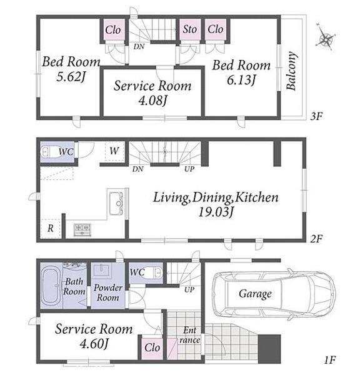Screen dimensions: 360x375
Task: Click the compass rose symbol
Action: (x=326, y=37)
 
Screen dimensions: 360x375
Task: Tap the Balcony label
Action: (x=292, y=71)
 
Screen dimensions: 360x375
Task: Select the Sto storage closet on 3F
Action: (x=190, y=29)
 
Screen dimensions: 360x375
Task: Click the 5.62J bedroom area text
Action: (x=71, y=77)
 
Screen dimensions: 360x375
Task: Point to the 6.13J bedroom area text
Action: (x=241, y=80)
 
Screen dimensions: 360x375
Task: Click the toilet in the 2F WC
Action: (x=51, y=152)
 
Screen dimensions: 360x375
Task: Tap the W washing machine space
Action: (x=114, y=151)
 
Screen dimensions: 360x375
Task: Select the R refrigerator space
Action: (x=51, y=228)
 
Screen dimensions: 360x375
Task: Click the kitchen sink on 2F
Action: (x=116, y=203)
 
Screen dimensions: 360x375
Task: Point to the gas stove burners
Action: (x=82, y=229)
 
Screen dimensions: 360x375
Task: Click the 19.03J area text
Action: (x=216, y=212)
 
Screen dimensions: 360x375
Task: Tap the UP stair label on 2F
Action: (x=189, y=169)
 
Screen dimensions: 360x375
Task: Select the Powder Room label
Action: (x=108, y=292)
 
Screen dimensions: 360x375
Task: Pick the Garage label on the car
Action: (x=255, y=294)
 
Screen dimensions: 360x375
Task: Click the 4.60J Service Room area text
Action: (x=94, y=344)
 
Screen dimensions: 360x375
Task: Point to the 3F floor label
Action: (x=316, y=116)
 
